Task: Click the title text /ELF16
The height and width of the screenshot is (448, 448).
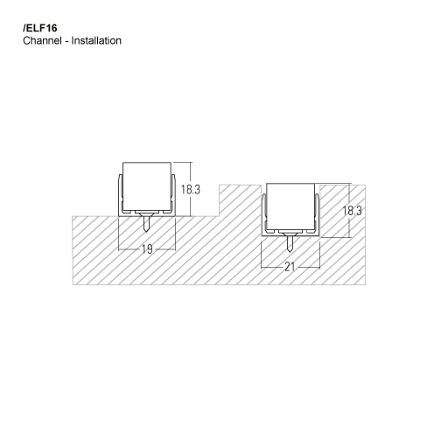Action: coord(38,27)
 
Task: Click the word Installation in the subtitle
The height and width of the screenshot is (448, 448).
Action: coord(95,41)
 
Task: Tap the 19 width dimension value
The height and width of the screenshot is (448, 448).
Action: coord(147,249)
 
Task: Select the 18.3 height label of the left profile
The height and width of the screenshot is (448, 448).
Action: coord(192,189)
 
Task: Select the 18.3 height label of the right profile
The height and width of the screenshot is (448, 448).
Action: coord(352,211)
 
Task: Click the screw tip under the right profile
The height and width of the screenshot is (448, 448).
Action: coord(290,249)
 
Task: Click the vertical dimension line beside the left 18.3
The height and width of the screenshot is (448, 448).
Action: coord(178,189)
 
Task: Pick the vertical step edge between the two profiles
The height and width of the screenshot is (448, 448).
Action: coord(219,199)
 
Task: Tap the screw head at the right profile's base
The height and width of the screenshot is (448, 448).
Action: coord(290,234)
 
